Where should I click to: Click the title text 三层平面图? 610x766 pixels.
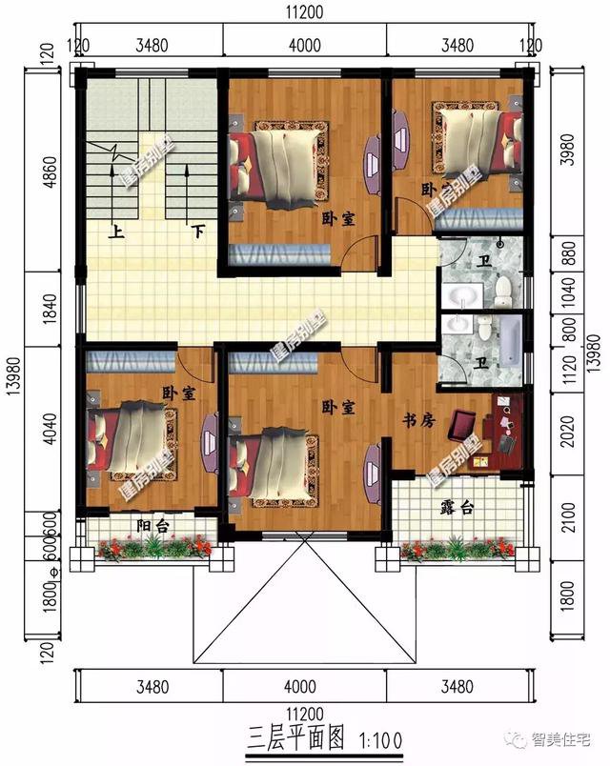pos(297,737)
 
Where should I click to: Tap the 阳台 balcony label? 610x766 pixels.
pos(148,523)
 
